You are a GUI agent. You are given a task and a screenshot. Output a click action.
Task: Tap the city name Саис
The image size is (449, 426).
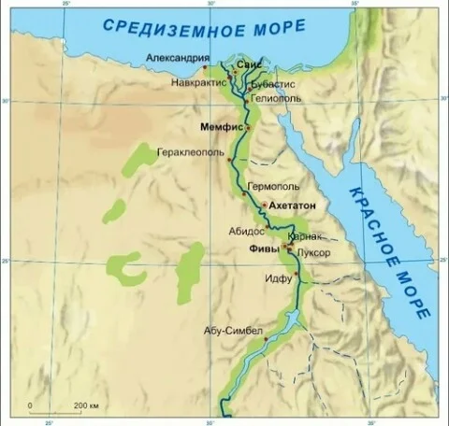pos(248,64)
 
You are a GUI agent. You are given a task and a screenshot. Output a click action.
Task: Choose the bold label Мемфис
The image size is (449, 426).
pos(222,125)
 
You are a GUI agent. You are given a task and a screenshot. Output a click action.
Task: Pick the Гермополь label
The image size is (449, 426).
pos(272,186)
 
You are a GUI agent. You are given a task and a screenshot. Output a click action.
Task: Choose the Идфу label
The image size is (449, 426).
pos(278,277)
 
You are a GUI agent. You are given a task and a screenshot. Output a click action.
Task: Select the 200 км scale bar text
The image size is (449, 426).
pos(87,405)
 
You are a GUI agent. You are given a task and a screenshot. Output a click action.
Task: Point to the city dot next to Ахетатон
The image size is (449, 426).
pos(265,205)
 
